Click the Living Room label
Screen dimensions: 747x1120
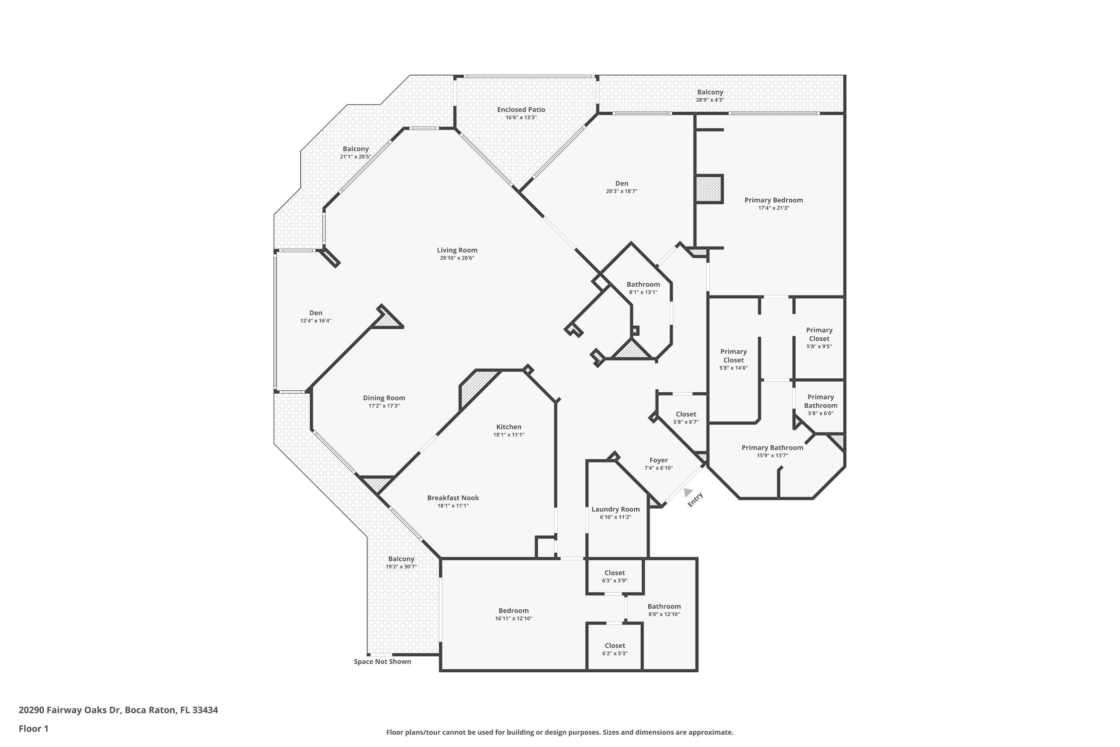click(x=457, y=250)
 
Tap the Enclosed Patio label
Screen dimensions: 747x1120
click(x=521, y=109)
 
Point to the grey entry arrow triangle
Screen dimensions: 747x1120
click(x=688, y=492)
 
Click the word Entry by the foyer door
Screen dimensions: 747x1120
click(x=695, y=499)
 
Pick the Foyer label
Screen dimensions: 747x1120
click(x=658, y=460)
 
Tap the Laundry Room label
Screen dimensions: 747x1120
click(x=615, y=509)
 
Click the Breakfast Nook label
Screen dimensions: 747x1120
click(x=453, y=498)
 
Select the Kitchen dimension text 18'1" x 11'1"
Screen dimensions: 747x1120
click(x=508, y=434)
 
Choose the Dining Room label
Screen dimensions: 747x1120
click(x=384, y=398)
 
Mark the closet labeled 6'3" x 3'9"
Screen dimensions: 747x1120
click(x=614, y=573)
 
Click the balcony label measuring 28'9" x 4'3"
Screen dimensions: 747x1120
click(x=710, y=92)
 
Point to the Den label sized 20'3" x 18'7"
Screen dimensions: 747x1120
click(x=622, y=183)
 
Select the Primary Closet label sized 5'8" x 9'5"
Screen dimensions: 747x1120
click(x=819, y=334)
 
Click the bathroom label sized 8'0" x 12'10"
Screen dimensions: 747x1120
click(x=664, y=607)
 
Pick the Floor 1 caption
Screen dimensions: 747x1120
click(x=33, y=728)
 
